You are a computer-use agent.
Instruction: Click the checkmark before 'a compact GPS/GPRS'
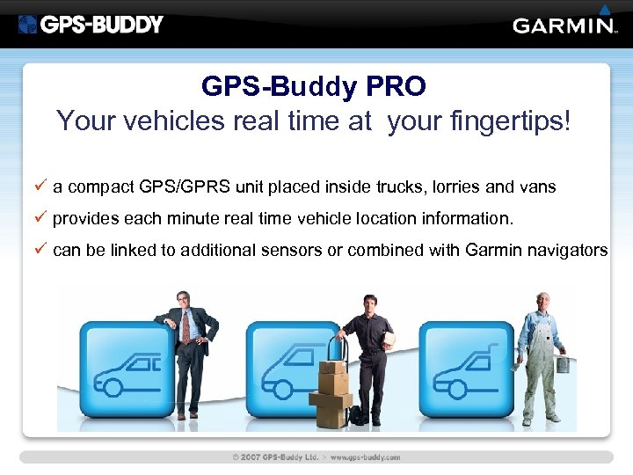click(x=40, y=186)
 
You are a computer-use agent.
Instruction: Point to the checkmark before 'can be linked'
click(x=40, y=250)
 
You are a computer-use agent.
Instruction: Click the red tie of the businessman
click(x=186, y=327)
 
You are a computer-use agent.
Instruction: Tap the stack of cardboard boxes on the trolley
click(x=331, y=391)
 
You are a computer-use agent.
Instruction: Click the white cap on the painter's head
click(x=542, y=297)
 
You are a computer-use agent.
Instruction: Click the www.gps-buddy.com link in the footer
click(x=365, y=457)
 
